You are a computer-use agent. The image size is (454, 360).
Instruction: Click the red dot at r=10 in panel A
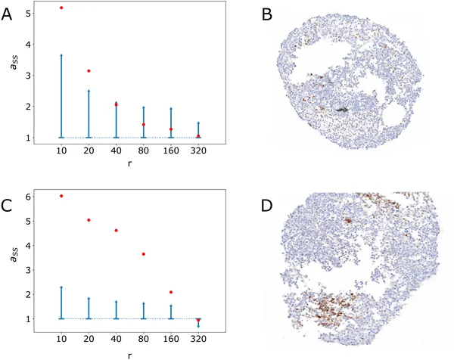[x=61, y=8]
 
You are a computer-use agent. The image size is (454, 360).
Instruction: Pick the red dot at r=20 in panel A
[x=89, y=71]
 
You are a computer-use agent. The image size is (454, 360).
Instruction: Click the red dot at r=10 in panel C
[x=61, y=196]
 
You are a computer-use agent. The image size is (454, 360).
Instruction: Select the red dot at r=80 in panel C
[x=144, y=254]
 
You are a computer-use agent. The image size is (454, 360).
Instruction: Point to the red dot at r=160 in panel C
[x=171, y=292]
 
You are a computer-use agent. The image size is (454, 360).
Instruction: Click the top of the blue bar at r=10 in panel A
[x=61, y=55]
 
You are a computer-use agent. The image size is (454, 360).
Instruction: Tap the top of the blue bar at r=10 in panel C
[x=61, y=287]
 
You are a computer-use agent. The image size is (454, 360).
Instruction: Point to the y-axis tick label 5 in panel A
[x=28, y=14]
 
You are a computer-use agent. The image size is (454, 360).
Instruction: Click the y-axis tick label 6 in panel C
[x=28, y=197]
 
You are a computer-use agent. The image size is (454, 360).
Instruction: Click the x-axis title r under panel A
[x=130, y=162]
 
